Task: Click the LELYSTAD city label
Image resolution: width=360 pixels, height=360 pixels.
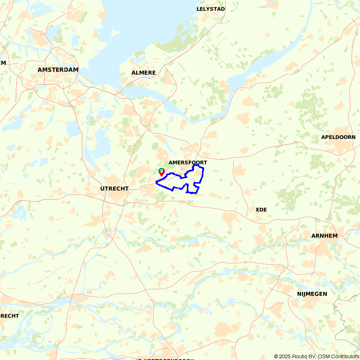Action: (211, 9)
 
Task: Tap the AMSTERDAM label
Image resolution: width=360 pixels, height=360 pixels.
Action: (58, 70)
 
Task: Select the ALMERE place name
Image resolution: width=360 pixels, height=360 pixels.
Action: (144, 73)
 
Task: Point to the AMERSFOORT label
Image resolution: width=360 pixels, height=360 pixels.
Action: (188, 163)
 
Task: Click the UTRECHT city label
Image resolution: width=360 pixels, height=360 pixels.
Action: (114, 189)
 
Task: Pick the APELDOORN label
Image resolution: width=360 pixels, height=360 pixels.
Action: (338, 137)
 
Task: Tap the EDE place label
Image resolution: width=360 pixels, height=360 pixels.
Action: (261, 210)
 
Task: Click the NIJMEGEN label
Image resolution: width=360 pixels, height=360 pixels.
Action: (312, 294)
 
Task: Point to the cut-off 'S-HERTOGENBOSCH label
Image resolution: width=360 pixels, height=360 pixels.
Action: (166, 359)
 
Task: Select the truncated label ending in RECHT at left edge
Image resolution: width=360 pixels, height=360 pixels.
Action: (9, 316)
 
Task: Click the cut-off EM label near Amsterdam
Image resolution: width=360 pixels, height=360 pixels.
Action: (3, 63)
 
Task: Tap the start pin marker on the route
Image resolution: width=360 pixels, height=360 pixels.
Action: (162, 172)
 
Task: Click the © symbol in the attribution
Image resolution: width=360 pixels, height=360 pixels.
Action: (276, 356)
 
